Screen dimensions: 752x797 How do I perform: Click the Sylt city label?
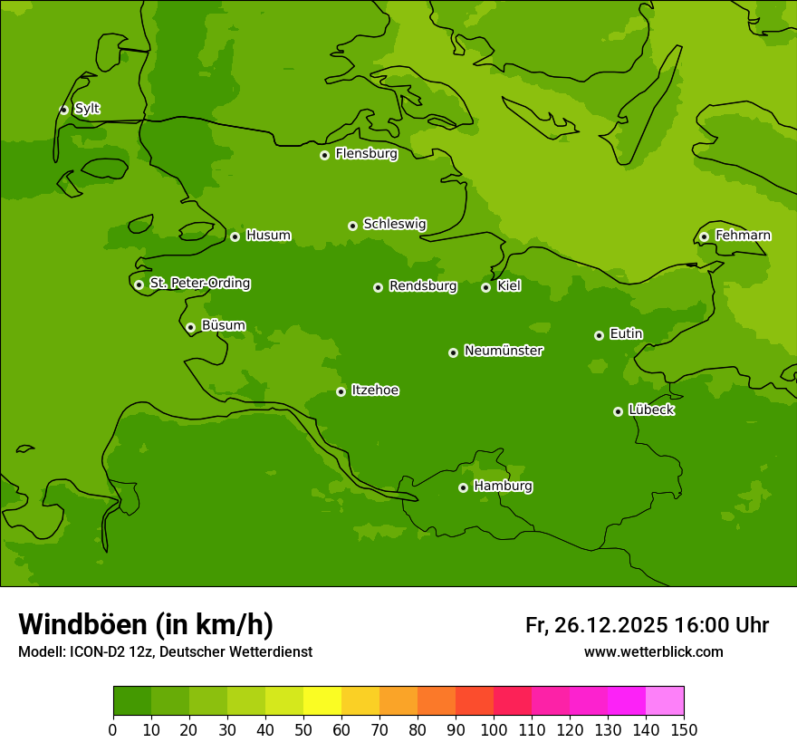click(87, 109)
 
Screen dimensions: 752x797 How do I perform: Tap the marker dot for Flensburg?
click(324, 155)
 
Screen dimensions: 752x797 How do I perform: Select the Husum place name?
click(268, 236)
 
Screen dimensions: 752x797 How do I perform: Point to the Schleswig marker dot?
click(352, 226)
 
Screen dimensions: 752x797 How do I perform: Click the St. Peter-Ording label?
click(199, 283)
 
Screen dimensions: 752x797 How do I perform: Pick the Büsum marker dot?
click(190, 327)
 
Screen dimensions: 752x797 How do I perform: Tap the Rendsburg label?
click(423, 286)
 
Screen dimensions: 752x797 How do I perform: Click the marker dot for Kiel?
click(485, 287)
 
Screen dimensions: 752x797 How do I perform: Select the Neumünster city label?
click(504, 351)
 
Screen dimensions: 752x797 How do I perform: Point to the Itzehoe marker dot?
click(341, 391)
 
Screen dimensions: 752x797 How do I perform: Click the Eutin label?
click(626, 333)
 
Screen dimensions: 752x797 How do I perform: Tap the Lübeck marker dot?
click(618, 411)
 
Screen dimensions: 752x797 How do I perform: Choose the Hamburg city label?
click(503, 486)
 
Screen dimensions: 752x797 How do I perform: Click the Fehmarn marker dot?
click(704, 236)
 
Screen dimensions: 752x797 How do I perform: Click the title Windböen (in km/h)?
click(146, 624)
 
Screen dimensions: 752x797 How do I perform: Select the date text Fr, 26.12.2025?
click(597, 625)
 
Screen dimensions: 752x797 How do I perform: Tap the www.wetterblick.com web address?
click(653, 651)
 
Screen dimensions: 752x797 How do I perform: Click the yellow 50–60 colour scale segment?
click(322, 701)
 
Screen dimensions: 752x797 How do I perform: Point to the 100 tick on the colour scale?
click(494, 729)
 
